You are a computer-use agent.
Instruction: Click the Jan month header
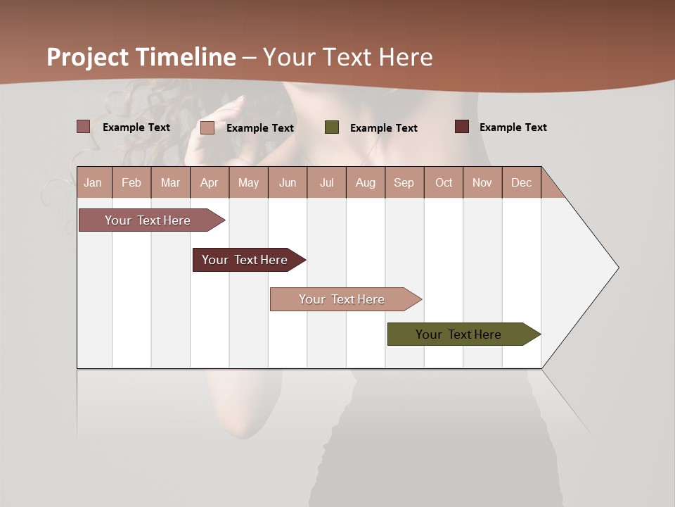(93, 182)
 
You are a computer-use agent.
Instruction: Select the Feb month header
(131, 182)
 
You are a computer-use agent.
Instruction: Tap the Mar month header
(170, 182)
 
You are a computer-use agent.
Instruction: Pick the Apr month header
(209, 182)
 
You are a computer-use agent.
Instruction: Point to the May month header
(248, 182)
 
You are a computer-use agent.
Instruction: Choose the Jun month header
(288, 182)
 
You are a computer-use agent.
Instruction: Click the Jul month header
(326, 182)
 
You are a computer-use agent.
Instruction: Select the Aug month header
(365, 182)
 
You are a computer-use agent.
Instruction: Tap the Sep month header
(404, 182)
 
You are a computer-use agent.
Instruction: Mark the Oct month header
(444, 182)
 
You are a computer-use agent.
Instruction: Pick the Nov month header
(482, 182)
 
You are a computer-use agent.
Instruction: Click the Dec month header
(521, 182)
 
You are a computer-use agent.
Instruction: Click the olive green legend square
(332, 127)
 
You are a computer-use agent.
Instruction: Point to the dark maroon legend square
(461, 127)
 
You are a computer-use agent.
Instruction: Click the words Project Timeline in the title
(141, 57)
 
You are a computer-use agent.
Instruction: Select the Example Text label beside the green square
(384, 128)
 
